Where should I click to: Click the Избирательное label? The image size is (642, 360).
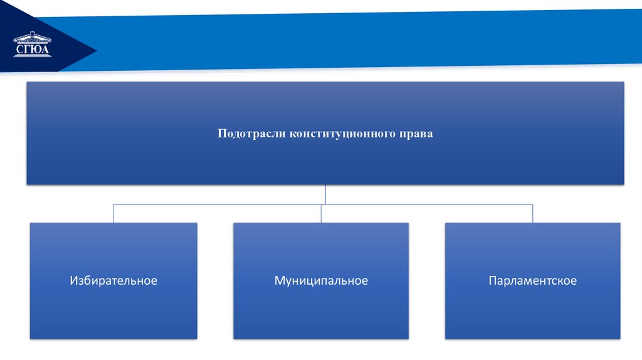point(113,280)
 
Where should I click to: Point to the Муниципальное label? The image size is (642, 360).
point(321,280)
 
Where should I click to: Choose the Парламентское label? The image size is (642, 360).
point(533,280)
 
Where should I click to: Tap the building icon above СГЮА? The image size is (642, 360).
point(33,38)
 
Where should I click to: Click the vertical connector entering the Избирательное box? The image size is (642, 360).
point(113,213)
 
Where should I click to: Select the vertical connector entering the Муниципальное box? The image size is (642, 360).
point(321,213)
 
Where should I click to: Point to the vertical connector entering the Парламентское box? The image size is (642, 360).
point(533,213)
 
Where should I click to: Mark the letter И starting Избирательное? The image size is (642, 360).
point(74,280)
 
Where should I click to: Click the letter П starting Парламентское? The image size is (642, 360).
point(493,280)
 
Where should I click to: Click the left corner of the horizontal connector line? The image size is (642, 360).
point(113,204)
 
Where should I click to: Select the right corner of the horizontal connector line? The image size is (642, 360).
point(533,204)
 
